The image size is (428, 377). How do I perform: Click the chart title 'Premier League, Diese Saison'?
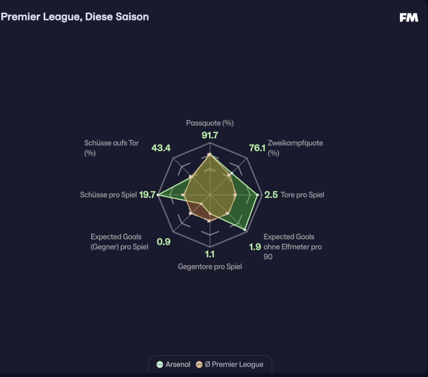click(75, 17)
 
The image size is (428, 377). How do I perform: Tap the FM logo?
click(409, 17)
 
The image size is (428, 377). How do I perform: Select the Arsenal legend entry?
click(174, 364)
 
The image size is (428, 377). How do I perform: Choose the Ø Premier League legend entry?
click(230, 364)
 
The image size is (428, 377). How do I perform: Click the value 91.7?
click(209, 135)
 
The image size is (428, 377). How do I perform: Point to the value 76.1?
click(257, 148)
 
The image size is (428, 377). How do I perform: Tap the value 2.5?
click(271, 195)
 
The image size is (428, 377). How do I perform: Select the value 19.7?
click(147, 195)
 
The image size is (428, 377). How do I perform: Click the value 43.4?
click(161, 148)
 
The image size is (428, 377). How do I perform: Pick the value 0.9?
click(163, 242)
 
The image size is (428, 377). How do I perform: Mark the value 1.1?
click(209, 254)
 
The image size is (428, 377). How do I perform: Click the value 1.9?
click(255, 247)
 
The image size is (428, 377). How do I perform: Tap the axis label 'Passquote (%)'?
click(210, 123)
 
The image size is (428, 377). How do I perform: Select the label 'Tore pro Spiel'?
click(302, 195)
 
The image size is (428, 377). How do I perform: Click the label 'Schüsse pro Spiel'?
click(108, 195)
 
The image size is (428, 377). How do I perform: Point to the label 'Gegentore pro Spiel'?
click(210, 266)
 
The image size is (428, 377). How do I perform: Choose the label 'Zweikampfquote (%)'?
click(295, 148)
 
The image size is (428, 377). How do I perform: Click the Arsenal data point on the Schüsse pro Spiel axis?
click(158, 195)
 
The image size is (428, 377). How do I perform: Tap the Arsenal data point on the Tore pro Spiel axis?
click(258, 195)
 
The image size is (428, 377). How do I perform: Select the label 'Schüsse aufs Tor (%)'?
click(111, 148)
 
